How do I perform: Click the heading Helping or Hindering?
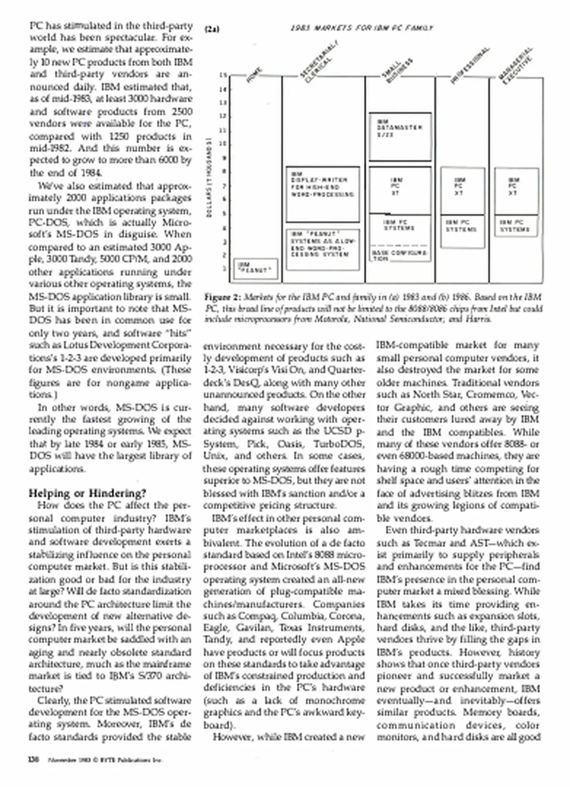click(x=87, y=493)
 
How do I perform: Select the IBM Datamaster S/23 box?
click(x=400, y=137)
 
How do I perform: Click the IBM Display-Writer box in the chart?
click(x=323, y=194)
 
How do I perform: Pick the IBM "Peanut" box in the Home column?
click(x=255, y=269)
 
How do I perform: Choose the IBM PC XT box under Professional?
click(x=462, y=191)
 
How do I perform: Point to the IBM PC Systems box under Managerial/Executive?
click(x=516, y=226)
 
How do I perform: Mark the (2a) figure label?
click(x=212, y=29)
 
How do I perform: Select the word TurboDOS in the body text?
click(x=341, y=444)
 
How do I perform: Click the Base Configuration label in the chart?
click(x=400, y=255)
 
